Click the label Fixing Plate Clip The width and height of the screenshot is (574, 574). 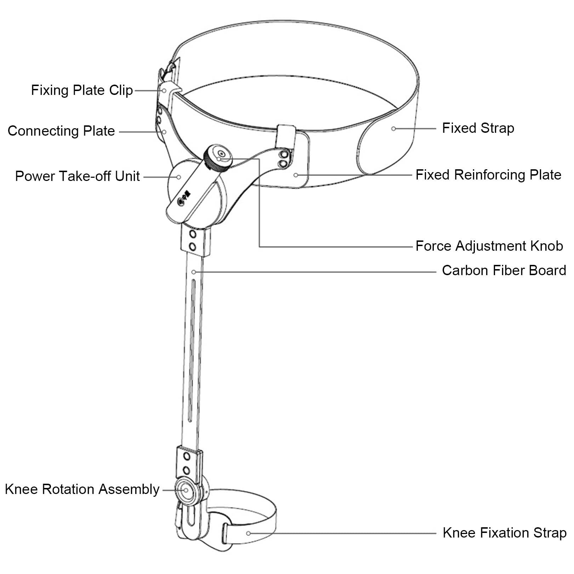click(82, 90)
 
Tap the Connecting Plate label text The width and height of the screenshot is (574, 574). click(61, 131)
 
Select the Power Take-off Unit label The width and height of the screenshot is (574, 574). click(78, 176)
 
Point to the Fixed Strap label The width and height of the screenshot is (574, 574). click(478, 128)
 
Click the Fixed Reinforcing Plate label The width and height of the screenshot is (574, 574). click(488, 175)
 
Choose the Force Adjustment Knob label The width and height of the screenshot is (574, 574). click(489, 246)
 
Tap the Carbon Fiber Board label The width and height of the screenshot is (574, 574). click(504, 271)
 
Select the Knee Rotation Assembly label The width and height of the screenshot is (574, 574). click(82, 489)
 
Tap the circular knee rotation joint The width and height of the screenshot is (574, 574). click(185, 490)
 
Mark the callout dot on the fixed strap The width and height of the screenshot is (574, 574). click(393, 129)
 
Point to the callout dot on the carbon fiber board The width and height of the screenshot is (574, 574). click(194, 272)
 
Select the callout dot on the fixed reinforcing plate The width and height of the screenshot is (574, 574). click(296, 175)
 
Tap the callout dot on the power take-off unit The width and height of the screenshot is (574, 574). click(179, 177)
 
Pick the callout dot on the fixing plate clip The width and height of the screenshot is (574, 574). click(164, 91)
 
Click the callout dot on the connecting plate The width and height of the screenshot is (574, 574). click(164, 132)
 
